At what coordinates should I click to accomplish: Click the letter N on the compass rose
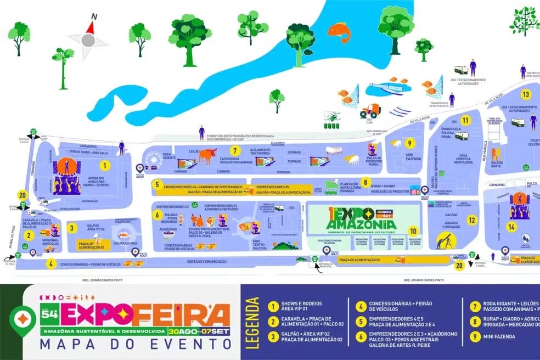coord(94,16)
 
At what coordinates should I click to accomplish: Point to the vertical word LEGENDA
coord(253,323)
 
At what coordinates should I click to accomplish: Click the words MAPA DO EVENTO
coord(135,345)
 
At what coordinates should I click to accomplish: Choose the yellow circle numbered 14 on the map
coord(511,227)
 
